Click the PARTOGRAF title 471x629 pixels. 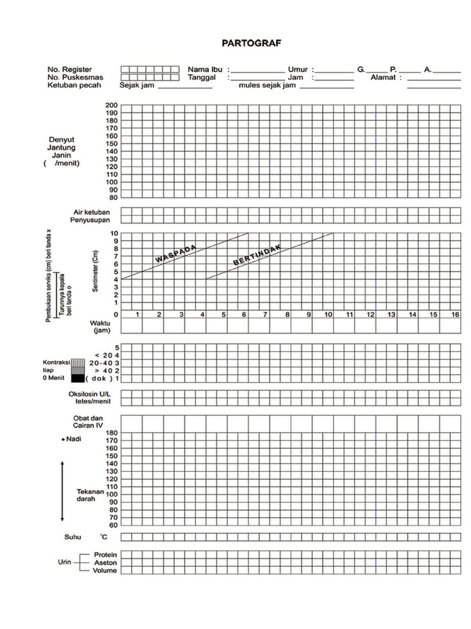pos(251,44)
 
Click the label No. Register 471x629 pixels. pos(71,70)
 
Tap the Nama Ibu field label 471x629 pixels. pos(205,70)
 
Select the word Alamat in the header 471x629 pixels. pos(383,78)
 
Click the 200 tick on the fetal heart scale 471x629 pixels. pos(112,106)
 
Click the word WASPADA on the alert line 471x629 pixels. pos(175,254)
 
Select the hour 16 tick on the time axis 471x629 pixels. pos(455,314)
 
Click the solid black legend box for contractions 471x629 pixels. pos(77,378)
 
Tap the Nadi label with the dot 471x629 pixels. pos(74,439)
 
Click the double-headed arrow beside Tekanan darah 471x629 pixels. pos(63,490)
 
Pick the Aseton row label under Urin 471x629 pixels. pos(105,563)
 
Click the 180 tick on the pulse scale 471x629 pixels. pos(112,433)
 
